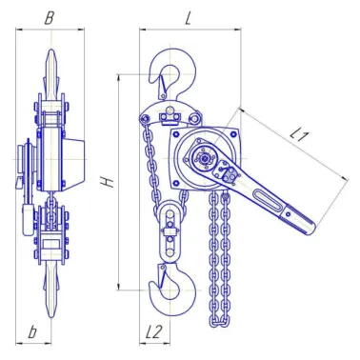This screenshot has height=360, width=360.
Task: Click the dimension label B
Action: point(49,18)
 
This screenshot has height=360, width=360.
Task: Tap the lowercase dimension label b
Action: point(32,331)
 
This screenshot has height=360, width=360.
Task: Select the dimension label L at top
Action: point(189,18)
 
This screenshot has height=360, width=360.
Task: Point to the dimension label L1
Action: point(299,135)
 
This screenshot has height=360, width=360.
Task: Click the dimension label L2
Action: point(154,331)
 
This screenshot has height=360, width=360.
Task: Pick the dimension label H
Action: point(108,182)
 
